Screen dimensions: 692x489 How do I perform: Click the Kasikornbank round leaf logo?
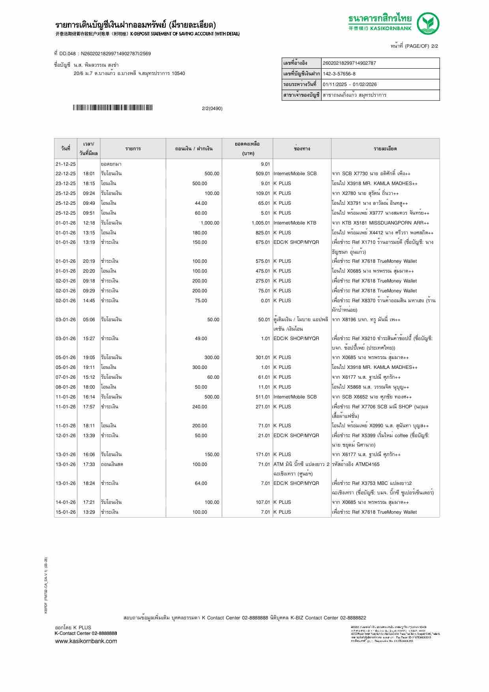[429, 23]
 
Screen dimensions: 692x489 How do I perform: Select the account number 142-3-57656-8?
[339, 74]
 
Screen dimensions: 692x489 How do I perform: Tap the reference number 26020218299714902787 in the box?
[349, 63]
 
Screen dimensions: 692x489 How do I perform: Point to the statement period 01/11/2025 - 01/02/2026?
[350, 84]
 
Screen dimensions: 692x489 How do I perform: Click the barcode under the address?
[113, 108]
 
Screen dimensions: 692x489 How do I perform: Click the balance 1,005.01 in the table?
[260, 223]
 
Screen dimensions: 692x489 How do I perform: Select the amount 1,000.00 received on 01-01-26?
[210, 223]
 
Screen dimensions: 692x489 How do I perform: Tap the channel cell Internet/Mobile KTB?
[295, 223]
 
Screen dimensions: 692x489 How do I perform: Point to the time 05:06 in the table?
[89, 320]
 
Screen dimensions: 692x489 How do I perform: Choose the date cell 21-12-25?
[66, 164]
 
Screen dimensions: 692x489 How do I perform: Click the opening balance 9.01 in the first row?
[265, 164]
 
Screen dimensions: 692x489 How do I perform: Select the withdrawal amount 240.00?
[200, 407]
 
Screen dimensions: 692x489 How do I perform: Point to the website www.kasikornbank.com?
[86, 641]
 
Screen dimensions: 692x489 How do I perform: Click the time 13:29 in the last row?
[89, 512]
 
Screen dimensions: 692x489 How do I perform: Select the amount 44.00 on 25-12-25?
[201, 203]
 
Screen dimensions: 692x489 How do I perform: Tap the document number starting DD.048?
[103, 54]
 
